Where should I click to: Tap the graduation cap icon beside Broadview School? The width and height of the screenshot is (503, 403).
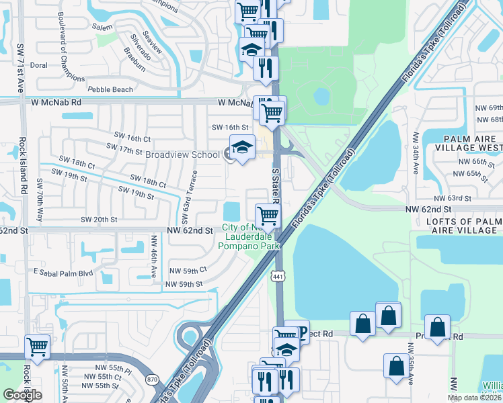[243, 147]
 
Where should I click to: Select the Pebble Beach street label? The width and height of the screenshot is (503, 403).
[110, 89]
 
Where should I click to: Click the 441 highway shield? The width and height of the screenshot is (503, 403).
[278, 276]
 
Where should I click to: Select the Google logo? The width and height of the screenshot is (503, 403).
[22, 394]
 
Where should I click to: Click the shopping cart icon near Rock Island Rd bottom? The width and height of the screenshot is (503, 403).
[37, 347]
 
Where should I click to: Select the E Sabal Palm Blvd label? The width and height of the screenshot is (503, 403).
[63, 273]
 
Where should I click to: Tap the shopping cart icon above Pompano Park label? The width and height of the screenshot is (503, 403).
[268, 216]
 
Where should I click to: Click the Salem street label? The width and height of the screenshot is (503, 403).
[103, 27]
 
